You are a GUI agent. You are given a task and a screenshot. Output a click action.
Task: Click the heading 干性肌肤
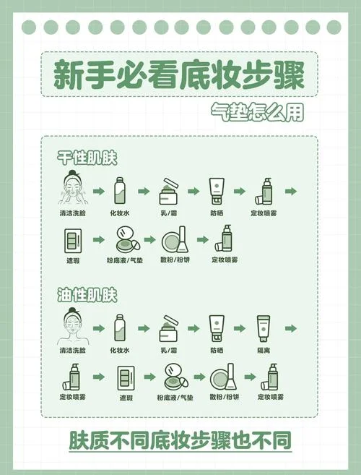click(x=87, y=158)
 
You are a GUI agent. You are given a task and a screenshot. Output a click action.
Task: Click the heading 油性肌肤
click(x=87, y=295)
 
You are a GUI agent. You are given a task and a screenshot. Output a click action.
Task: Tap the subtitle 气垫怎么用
click(x=257, y=112)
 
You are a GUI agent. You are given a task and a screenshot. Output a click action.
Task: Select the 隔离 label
click(x=264, y=351)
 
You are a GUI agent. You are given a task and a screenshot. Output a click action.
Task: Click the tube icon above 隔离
click(x=264, y=329)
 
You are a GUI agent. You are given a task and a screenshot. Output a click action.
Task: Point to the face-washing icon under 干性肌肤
click(x=72, y=188)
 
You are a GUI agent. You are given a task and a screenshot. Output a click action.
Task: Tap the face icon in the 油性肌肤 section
click(x=72, y=326)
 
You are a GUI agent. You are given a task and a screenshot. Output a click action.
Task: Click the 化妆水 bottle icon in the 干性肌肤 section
click(x=120, y=191)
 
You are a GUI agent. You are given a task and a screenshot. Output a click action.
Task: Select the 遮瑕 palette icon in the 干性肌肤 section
click(x=73, y=241)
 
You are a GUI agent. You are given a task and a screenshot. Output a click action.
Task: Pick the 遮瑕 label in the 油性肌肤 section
click(x=126, y=398)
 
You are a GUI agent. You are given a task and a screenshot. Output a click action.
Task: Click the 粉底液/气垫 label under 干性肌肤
click(x=125, y=260)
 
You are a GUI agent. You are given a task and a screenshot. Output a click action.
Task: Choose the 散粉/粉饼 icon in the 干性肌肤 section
click(x=175, y=239)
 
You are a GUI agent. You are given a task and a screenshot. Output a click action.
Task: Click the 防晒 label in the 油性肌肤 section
click(x=217, y=351)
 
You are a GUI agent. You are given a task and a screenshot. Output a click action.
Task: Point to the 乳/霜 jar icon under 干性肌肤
click(x=169, y=192)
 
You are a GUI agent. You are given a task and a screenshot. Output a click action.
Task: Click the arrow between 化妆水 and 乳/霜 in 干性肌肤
click(x=144, y=191)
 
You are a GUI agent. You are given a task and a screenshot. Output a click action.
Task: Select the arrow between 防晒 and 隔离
click(x=240, y=328)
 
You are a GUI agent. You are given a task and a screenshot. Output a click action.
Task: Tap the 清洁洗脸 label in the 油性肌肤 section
click(x=73, y=351)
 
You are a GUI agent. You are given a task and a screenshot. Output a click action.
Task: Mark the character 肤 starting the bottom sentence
click(x=79, y=440)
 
